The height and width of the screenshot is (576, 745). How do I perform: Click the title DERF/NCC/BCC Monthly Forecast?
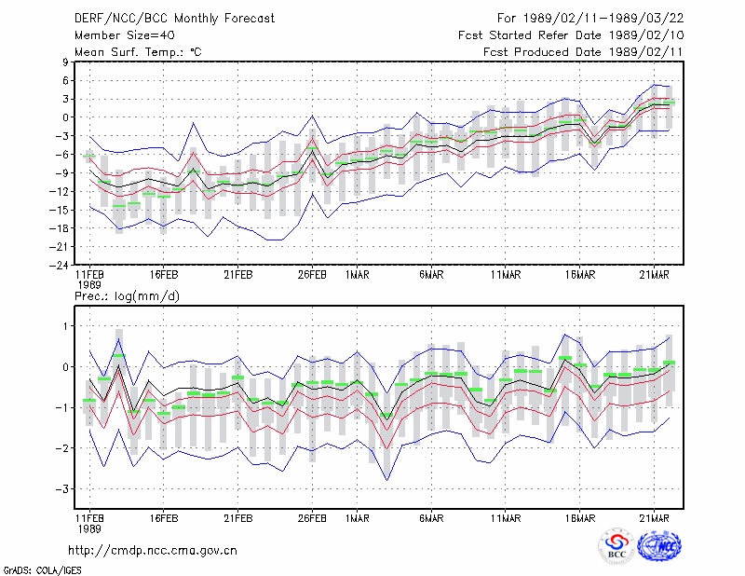pyautogui.click(x=174, y=19)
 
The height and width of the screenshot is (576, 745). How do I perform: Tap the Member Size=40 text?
pyautogui.click(x=125, y=35)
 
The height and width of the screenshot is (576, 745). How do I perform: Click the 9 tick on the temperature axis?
pyautogui.click(x=65, y=62)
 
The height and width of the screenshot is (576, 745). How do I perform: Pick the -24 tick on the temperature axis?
pyautogui.click(x=60, y=265)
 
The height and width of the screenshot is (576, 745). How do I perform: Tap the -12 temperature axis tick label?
pyautogui.click(x=60, y=191)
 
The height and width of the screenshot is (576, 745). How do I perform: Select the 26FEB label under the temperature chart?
pyautogui.click(x=312, y=275)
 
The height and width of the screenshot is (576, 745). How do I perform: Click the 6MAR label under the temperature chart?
pyautogui.click(x=431, y=275)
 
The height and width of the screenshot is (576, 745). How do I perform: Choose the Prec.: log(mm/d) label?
pyautogui.click(x=127, y=296)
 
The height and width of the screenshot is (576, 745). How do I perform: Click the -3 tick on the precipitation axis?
pyautogui.click(x=62, y=489)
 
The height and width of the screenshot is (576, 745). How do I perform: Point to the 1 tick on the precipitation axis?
pyautogui.click(x=66, y=326)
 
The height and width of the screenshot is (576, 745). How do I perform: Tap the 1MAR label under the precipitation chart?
pyautogui.click(x=358, y=518)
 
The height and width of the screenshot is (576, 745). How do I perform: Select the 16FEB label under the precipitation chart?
pyautogui.click(x=164, y=518)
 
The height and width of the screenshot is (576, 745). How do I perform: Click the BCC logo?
pyautogui.click(x=616, y=546)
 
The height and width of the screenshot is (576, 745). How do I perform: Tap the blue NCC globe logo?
pyautogui.click(x=659, y=546)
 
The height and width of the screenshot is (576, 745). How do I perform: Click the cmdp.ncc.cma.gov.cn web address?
pyautogui.click(x=153, y=551)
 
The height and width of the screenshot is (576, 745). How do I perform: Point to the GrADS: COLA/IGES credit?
pyautogui.click(x=42, y=570)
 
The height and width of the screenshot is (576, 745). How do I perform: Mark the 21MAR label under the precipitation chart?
pyautogui.click(x=654, y=518)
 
